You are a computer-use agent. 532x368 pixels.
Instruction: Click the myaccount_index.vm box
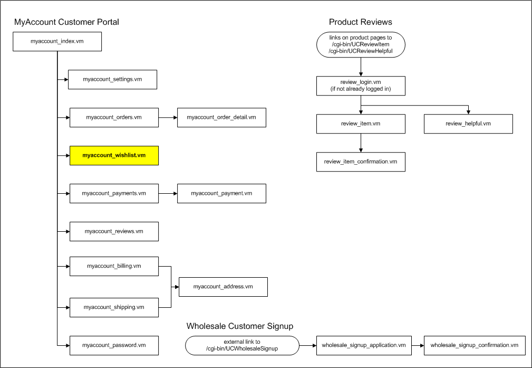click(x=57, y=42)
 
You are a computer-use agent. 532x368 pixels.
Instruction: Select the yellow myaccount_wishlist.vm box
click(x=114, y=156)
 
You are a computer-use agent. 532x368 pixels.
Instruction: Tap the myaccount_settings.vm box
click(x=112, y=80)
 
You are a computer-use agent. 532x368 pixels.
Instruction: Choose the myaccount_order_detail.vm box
click(x=221, y=118)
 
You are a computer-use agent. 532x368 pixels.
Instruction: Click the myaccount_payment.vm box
click(x=221, y=193)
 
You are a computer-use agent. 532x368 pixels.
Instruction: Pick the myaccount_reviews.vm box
click(x=114, y=231)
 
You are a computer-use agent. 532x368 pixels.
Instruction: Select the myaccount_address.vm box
click(x=223, y=287)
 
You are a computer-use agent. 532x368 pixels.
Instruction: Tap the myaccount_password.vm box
click(x=114, y=346)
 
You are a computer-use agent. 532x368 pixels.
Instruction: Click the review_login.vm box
click(x=361, y=86)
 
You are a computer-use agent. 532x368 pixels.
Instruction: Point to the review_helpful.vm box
click(x=468, y=124)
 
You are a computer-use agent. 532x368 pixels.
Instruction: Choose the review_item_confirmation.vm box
click(x=361, y=162)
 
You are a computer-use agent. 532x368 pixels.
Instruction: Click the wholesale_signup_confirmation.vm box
click(x=475, y=346)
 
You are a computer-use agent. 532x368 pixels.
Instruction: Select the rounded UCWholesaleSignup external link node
click(x=242, y=346)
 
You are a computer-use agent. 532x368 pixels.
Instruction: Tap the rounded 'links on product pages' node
click(x=361, y=44)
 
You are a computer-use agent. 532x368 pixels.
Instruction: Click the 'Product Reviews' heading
click(x=360, y=22)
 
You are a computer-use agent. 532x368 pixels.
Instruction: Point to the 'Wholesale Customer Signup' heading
click(x=240, y=326)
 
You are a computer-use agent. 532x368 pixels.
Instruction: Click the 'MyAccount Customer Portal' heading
click(x=66, y=22)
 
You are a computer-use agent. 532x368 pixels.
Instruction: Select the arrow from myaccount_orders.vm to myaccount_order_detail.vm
click(x=168, y=118)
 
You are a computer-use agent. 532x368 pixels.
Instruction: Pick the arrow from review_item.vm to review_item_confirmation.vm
click(x=361, y=143)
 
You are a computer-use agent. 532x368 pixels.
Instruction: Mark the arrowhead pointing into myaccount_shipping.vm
click(x=68, y=307)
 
